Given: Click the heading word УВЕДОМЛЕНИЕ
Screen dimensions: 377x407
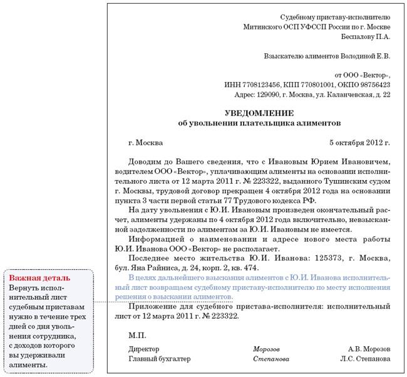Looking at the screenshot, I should pyautogui.click(x=259, y=112).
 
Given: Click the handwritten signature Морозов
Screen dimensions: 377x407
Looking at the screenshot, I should pyautogui.click(x=266, y=349).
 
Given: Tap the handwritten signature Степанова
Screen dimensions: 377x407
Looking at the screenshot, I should pyautogui.click(x=271, y=359).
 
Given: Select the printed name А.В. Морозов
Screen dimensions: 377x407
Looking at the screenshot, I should pyautogui.click(x=369, y=349).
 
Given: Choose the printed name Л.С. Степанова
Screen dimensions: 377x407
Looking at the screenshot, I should pyautogui.click(x=365, y=359).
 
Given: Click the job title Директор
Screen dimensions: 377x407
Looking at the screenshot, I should pyautogui.click(x=143, y=349).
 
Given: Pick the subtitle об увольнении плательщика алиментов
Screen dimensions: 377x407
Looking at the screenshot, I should pyautogui.click(x=259, y=123).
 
